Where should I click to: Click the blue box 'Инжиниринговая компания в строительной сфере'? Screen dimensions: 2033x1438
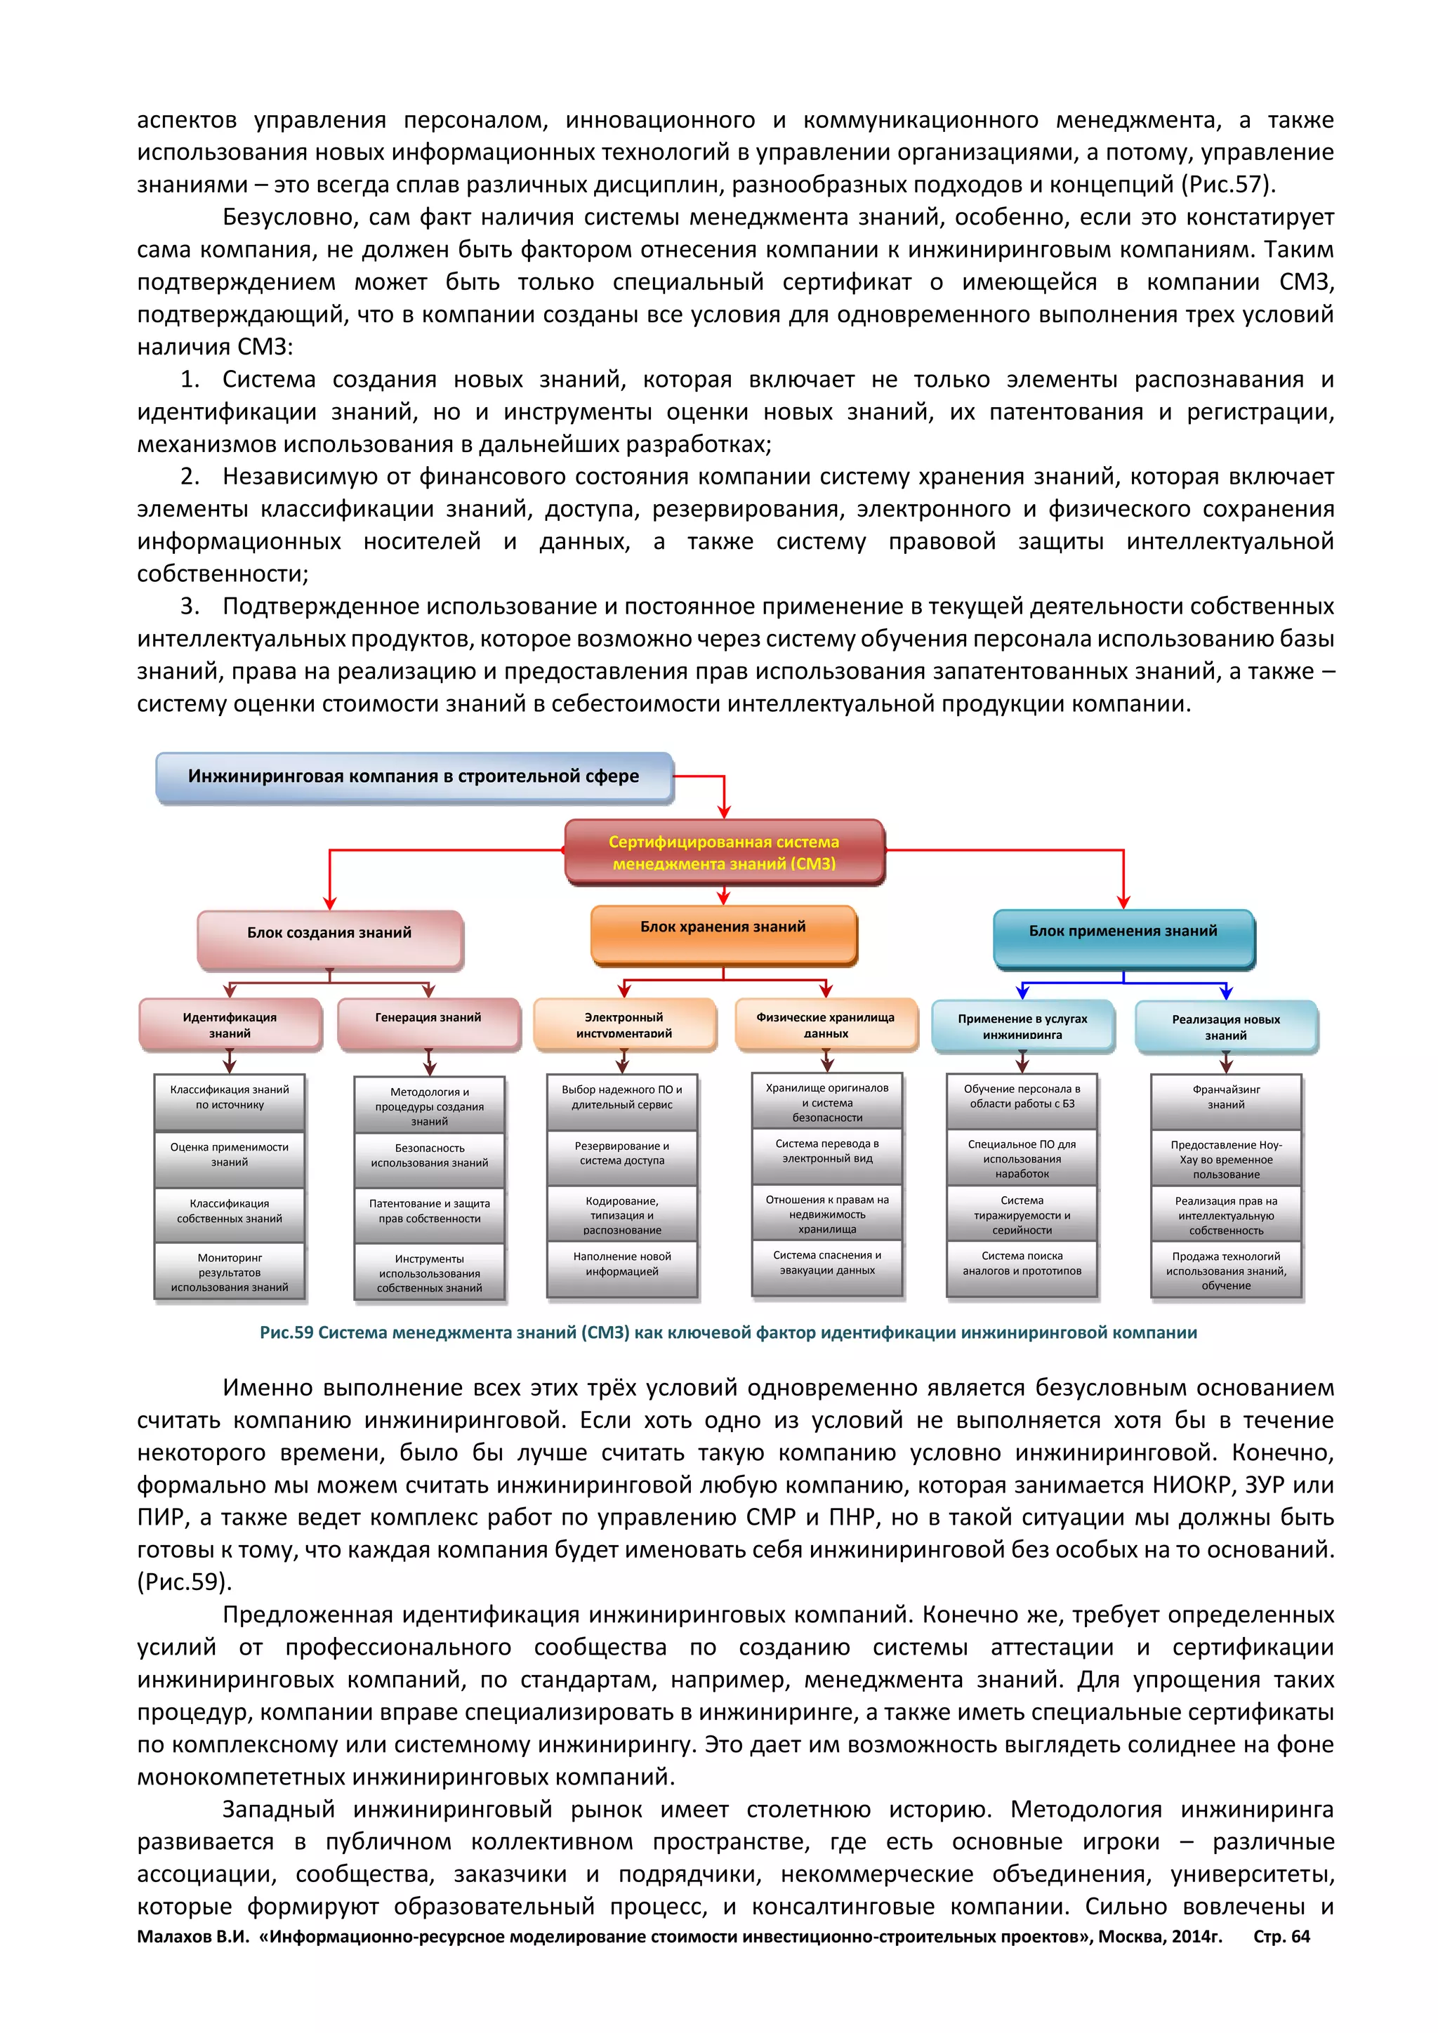(x=414, y=776)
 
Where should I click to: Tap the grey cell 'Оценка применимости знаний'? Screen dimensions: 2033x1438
(x=230, y=1155)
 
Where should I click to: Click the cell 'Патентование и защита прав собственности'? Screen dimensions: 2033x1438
(x=430, y=1211)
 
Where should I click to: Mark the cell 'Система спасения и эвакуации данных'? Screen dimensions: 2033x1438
(x=827, y=1264)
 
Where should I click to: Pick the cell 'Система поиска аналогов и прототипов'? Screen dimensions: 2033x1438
(x=1022, y=1264)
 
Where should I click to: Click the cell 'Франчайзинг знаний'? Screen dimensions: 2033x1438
(x=1225, y=1097)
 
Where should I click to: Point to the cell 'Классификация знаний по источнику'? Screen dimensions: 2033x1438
(x=230, y=1097)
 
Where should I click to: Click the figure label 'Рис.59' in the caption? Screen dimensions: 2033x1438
(x=286, y=1332)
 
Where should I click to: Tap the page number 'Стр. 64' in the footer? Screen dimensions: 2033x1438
(x=1281, y=1937)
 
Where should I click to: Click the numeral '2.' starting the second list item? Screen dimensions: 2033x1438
(x=190, y=477)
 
